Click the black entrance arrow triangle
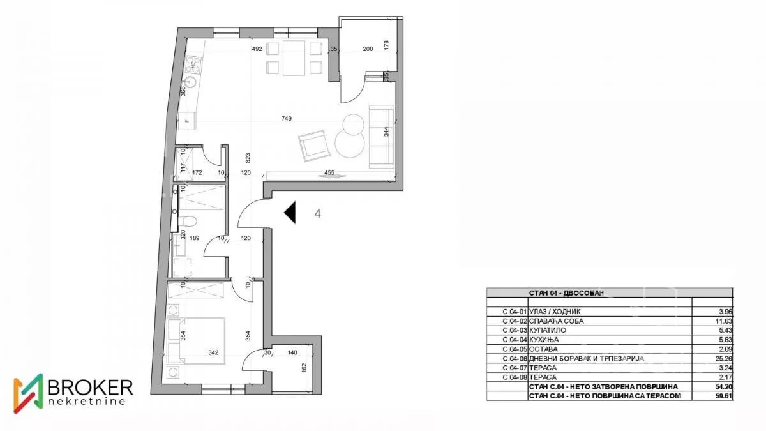tap(290, 213)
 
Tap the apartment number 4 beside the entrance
tap(318, 214)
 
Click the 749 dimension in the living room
tap(287, 119)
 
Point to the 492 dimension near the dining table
tap(257, 49)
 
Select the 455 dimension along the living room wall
tap(329, 173)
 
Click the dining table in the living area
tap(294, 58)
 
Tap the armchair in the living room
tap(313, 146)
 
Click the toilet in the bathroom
tap(188, 221)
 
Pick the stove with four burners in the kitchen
tap(193, 66)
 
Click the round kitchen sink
tap(190, 82)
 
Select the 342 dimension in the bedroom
tap(213, 352)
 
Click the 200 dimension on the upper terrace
tap(368, 49)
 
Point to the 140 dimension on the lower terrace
tap(292, 352)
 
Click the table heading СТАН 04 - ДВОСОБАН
tap(566, 293)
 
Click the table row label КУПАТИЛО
tap(548, 331)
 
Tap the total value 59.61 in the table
tap(725, 396)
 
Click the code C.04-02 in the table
tap(515, 321)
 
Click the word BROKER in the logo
tap(90, 387)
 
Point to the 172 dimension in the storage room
tap(197, 173)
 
